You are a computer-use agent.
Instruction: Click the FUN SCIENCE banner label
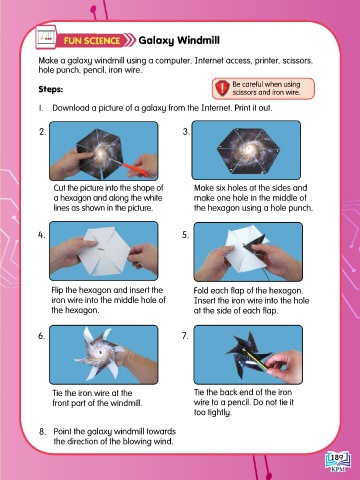click(92, 41)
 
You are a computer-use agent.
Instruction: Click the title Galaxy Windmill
click(179, 40)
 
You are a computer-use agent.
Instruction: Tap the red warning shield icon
click(222, 88)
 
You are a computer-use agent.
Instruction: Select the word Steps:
click(51, 89)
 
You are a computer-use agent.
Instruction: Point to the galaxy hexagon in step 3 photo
click(248, 150)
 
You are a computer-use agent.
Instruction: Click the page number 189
click(337, 457)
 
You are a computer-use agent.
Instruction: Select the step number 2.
click(42, 132)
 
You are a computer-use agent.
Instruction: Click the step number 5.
click(185, 235)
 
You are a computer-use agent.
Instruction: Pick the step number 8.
click(42, 432)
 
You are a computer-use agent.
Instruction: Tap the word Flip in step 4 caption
click(57, 290)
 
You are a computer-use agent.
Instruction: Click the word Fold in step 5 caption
click(201, 290)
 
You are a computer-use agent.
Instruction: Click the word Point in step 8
click(62, 432)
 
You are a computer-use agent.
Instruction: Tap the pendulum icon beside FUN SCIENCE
click(46, 37)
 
